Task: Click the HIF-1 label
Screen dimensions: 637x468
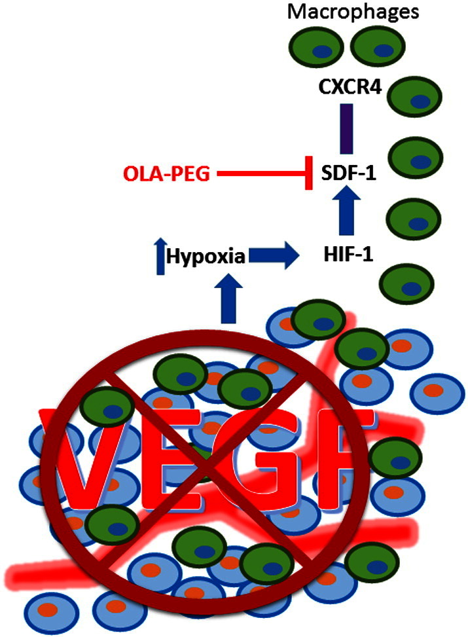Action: (345, 254)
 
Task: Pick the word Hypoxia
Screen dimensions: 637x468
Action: (204, 257)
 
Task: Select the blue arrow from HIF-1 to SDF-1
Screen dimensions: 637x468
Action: (344, 213)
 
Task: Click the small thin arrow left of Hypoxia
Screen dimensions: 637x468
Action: (157, 255)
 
